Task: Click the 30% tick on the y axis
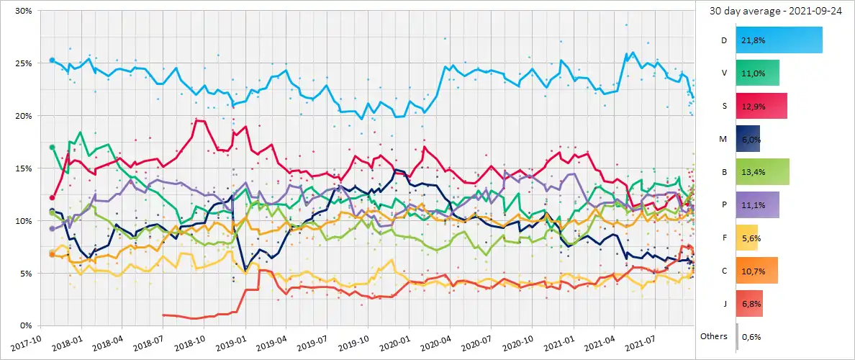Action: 22,12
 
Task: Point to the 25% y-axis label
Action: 22,63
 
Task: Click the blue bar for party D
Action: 779,40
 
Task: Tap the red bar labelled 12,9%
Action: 761,106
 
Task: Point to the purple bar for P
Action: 758,204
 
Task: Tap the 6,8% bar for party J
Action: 749,303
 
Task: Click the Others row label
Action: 714,336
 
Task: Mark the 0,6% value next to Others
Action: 751,336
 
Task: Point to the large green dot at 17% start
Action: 52,148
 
